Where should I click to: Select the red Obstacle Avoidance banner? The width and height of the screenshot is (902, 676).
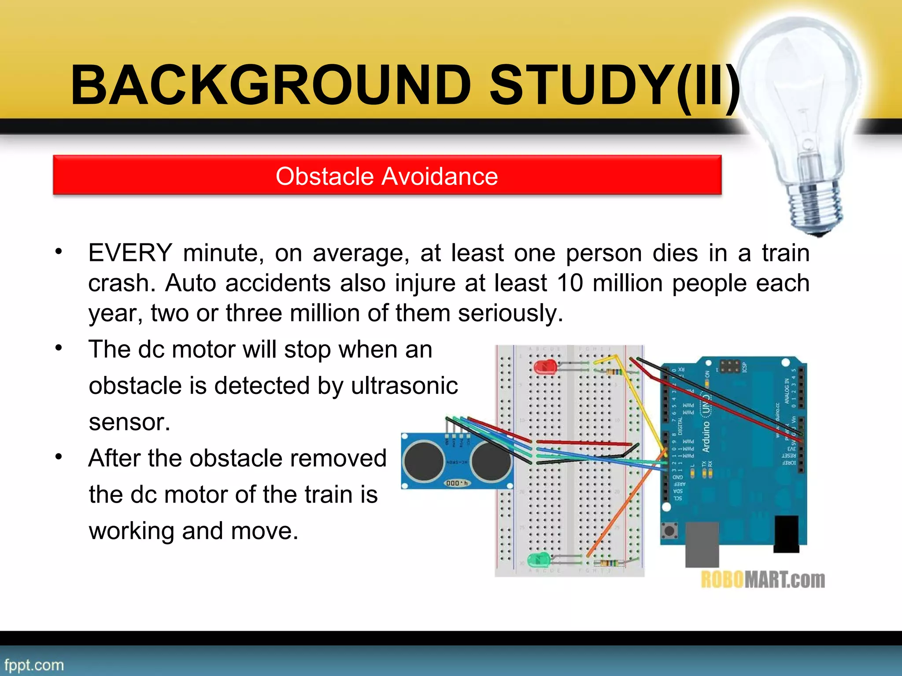(387, 176)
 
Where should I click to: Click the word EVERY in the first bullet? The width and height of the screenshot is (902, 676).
(130, 253)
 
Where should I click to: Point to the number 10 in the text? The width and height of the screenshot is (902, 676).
(570, 283)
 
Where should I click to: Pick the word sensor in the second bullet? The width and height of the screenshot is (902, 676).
(129, 422)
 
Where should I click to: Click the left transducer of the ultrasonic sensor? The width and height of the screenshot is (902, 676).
(424, 461)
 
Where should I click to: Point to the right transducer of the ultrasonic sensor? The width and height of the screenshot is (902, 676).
(490, 461)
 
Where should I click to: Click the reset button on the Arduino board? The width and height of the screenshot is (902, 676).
(670, 531)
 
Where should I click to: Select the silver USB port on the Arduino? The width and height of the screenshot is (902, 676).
(702, 544)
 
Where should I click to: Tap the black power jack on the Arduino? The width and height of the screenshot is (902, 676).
(786, 533)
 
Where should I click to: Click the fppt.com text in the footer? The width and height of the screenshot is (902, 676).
(34, 665)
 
